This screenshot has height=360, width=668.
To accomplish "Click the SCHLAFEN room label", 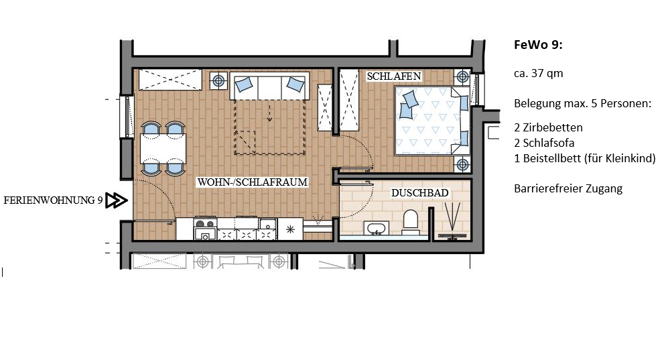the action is click(394, 76).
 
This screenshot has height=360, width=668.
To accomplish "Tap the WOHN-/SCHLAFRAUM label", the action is click(252, 182).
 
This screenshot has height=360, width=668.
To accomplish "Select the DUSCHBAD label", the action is click(419, 193).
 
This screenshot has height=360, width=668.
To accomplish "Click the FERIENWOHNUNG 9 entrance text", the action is click(53, 200).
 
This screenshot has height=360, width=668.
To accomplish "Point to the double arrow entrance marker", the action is click(117, 200).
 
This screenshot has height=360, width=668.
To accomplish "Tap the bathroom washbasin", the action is click(376, 228).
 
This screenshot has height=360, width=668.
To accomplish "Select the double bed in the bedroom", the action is click(432, 121).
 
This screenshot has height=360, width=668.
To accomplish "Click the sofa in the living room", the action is click(269, 86).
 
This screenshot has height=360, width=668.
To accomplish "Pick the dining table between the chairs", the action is click(163, 148).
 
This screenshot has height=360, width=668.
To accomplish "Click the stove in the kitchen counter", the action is click(205, 229).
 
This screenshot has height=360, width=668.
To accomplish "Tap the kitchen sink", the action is click(268, 224).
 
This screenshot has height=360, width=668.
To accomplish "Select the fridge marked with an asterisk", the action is click(290, 229).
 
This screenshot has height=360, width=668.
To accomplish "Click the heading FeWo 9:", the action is click(538, 45).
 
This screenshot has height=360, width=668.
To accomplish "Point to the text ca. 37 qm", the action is click(539, 73).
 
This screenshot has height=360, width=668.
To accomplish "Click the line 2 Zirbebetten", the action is click(548, 127).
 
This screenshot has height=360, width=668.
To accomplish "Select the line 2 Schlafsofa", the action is click(544, 143).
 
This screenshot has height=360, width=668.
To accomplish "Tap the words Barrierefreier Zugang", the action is click(568, 188).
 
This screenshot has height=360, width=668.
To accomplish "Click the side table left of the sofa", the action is click(218, 80).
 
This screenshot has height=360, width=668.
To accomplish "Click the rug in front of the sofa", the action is click(269, 127).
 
